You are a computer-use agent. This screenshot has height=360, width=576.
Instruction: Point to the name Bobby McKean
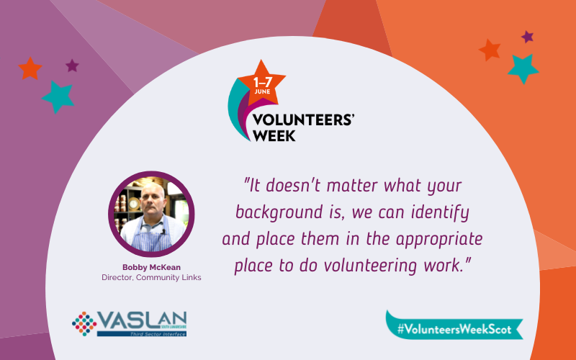(x=152, y=267)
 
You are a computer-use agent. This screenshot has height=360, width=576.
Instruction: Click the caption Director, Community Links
(x=152, y=277)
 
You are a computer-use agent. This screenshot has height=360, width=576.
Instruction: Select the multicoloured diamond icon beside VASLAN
(x=84, y=323)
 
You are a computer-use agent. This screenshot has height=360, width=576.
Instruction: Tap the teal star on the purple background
(x=56, y=96)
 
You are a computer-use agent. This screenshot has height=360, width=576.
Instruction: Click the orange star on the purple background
(x=30, y=68)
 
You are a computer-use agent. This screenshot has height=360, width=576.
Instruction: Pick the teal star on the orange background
(x=523, y=68)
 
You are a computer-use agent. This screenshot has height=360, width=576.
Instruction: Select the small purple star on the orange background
(x=528, y=37)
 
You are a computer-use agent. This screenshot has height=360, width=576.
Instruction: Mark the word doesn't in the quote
(x=287, y=186)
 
